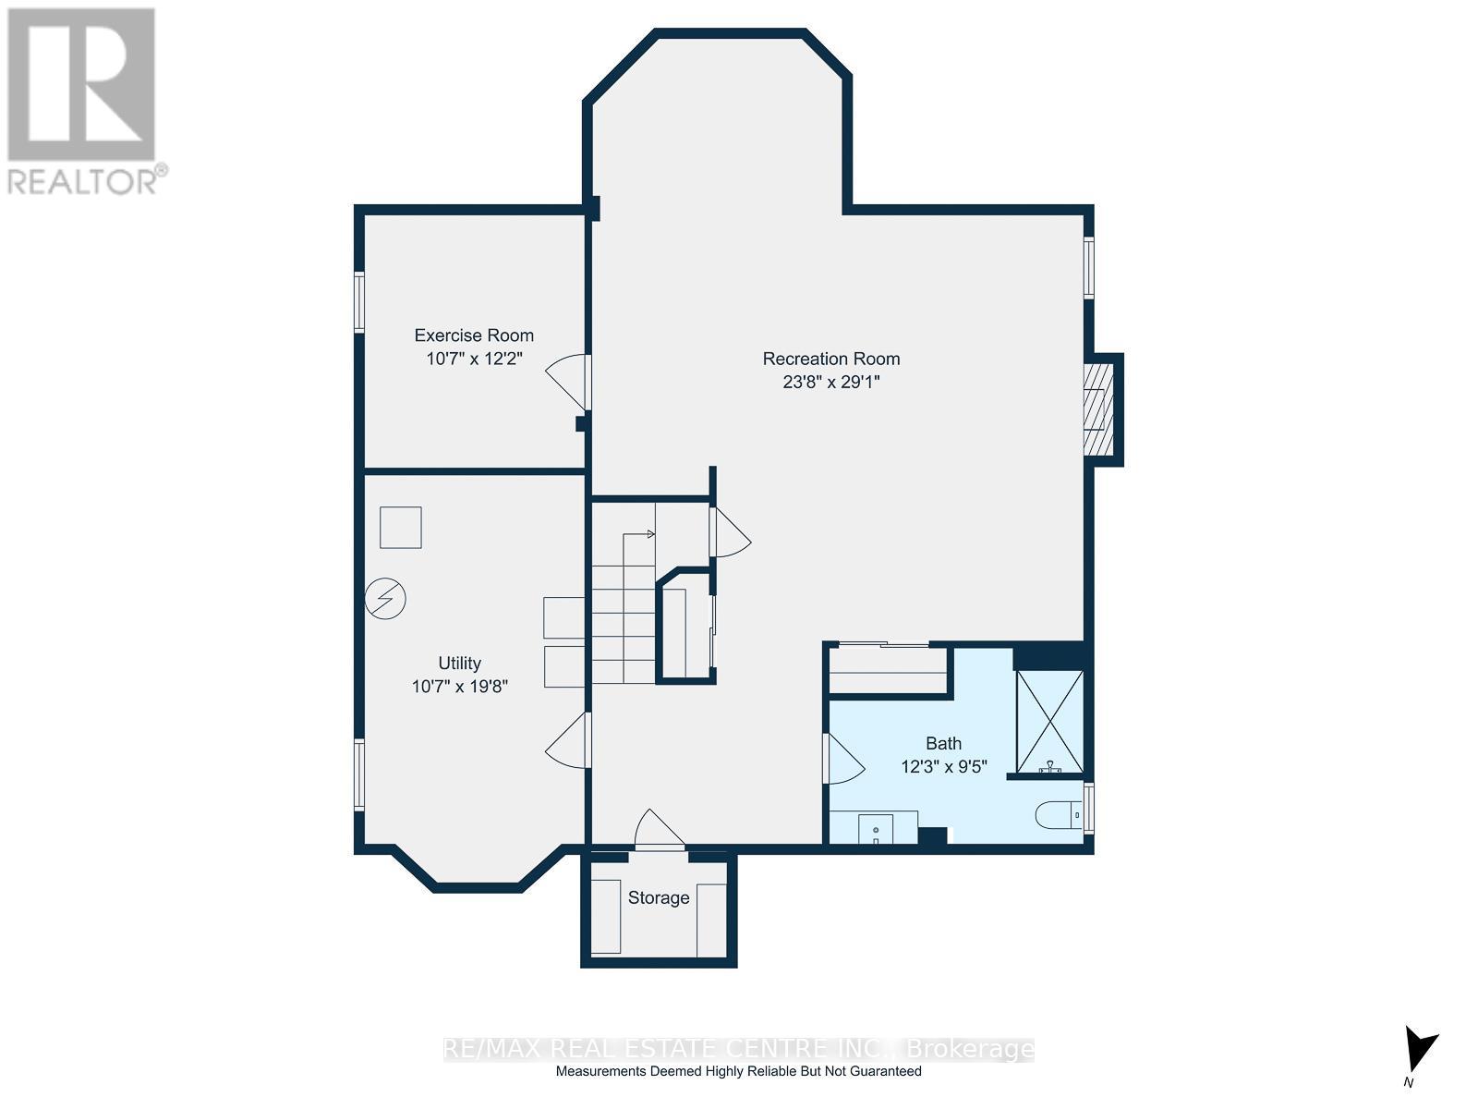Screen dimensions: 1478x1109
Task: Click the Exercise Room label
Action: pyautogui.click(x=474, y=335)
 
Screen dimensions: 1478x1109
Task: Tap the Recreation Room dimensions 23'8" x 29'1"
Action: pyautogui.click(x=830, y=383)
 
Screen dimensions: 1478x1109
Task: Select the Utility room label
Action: pyautogui.click(x=460, y=664)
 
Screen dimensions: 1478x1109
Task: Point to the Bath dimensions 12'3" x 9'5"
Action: pyautogui.click(x=944, y=766)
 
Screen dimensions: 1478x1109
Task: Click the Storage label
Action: pyautogui.click(x=659, y=897)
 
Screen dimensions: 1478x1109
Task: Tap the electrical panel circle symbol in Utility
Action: pyautogui.click(x=385, y=599)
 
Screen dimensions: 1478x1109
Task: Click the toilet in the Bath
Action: pyautogui.click(x=1060, y=815)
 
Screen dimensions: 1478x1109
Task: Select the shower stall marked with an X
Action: pyautogui.click(x=1049, y=722)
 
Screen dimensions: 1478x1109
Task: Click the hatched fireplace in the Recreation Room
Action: pyautogui.click(x=1098, y=409)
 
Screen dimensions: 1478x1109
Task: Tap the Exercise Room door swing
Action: pyautogui.click(x=567, y=382)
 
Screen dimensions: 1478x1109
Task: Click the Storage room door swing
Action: pyautogui.click(x=660, y=829)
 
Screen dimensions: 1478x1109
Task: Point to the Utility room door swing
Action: pyautogui.click(x=567, y=740)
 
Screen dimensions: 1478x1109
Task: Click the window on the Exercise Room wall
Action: pyautogui.click(x=359, y=301)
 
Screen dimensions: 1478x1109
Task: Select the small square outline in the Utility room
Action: pyautogui.click(x=401, y=527)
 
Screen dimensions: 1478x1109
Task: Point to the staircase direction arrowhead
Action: pyautogui.click(x=651, y=534)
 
